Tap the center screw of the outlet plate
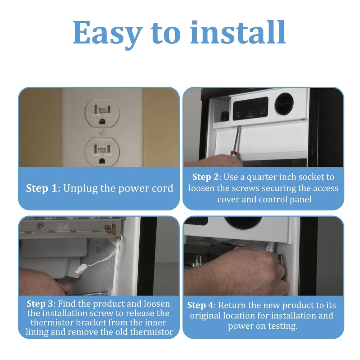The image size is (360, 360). coord(102,132)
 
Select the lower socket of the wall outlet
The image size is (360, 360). coord(102,152)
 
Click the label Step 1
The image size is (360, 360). coord(41,188)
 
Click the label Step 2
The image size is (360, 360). coord(206,177)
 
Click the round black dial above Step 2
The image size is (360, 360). coord(284,104)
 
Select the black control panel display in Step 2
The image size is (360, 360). coord(251,108)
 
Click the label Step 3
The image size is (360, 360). coord(40,304)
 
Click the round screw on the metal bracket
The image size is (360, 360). coord(40,226)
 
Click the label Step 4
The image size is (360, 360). coord(200,305)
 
